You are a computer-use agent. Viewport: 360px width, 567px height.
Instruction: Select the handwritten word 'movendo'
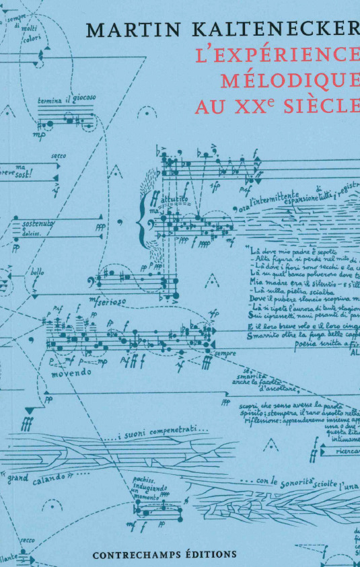pos(71,373)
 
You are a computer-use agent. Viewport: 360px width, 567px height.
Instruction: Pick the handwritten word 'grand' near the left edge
pos(18,479)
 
